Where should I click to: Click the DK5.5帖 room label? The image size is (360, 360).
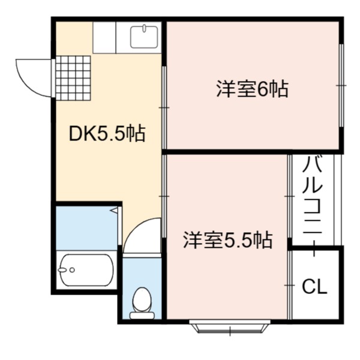coord(107,133)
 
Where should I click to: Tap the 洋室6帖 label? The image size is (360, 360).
coord(253,89)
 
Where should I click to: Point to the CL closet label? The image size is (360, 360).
coord(314,287)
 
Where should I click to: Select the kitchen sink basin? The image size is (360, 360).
coord(144,37)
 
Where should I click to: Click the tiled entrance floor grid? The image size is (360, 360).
coord(73,78)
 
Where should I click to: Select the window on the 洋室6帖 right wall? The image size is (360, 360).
coord(341,85)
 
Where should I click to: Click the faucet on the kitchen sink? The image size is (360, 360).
coord(144,28)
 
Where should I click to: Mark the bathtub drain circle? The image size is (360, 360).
coord(73,270)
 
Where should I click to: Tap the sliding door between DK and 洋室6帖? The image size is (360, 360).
coord(164,107)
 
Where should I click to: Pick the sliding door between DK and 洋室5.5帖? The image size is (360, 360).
coord(164,196)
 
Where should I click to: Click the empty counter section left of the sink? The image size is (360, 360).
coord(104,37)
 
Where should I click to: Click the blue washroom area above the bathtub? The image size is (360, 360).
coord(87,228)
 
